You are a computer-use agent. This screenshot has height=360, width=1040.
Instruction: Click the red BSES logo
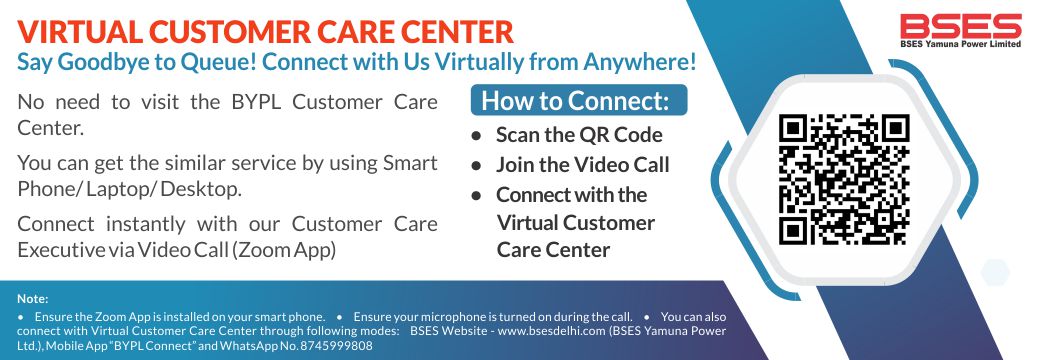(960, 27)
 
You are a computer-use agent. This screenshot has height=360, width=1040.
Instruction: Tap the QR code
(844, 179)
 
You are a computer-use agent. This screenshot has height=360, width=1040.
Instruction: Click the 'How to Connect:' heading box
(578, 100)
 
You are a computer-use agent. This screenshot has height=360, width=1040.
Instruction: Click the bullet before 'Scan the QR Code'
(476, 135)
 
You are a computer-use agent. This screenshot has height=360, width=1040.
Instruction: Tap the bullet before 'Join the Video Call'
(476, 165)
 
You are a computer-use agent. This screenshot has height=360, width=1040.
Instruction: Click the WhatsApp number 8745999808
(336, 346)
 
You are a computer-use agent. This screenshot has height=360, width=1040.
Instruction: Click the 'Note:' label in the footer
(32, 299)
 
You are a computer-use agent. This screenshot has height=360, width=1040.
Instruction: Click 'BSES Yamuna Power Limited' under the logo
(960, 44)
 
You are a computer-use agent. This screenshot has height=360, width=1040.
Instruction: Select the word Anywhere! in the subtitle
(640, 62)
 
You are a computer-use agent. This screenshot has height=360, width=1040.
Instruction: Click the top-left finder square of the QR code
(793, 129)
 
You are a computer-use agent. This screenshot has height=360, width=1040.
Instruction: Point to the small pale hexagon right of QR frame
(995, 272)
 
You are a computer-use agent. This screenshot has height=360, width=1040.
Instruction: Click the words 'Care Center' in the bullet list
(553, 250)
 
